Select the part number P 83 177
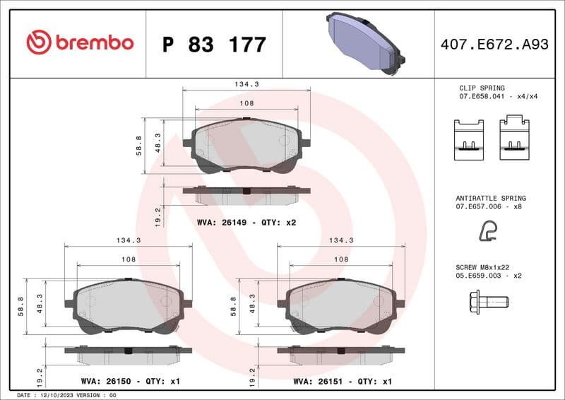click(x=214, y=45)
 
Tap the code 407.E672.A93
click(x=494, y=45)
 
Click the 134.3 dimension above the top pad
click(x=246, y=83)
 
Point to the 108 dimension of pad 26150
click(x=128, y=259)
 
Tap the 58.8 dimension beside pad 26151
click(x=234, y=305)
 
